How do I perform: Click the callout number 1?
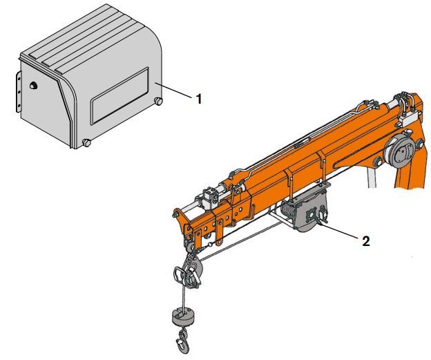[199, 99]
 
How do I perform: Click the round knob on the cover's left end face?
[32, 86]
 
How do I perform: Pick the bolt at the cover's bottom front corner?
[86, 143]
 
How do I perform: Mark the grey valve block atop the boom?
[207, 200]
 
